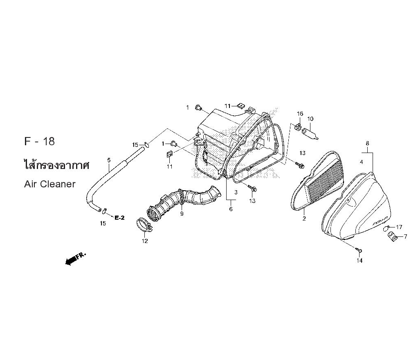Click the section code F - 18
click(x=39, y=142)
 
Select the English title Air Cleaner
click(x=49, y=184)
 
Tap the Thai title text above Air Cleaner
click(x=56, y=165)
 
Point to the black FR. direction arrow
click(x=75, y=259)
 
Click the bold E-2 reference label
click(x=120, y=218)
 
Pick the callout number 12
click(x=145, y=241)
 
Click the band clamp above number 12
click(x=144, y=225)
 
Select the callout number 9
click(x=182, y=214)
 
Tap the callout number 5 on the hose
click(x=109, y=160)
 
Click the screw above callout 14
click(x=359, y=250)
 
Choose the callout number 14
click(x=360, y=260)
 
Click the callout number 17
click(x=399, y=227)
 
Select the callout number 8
click(x=368, y=143)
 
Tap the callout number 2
click(x=304, y=218)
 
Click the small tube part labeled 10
click(x=310, y=133)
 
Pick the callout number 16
click(x=300, y=114)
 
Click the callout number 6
click(x=231, y=209)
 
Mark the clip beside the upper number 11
click(x=241, y=106)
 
